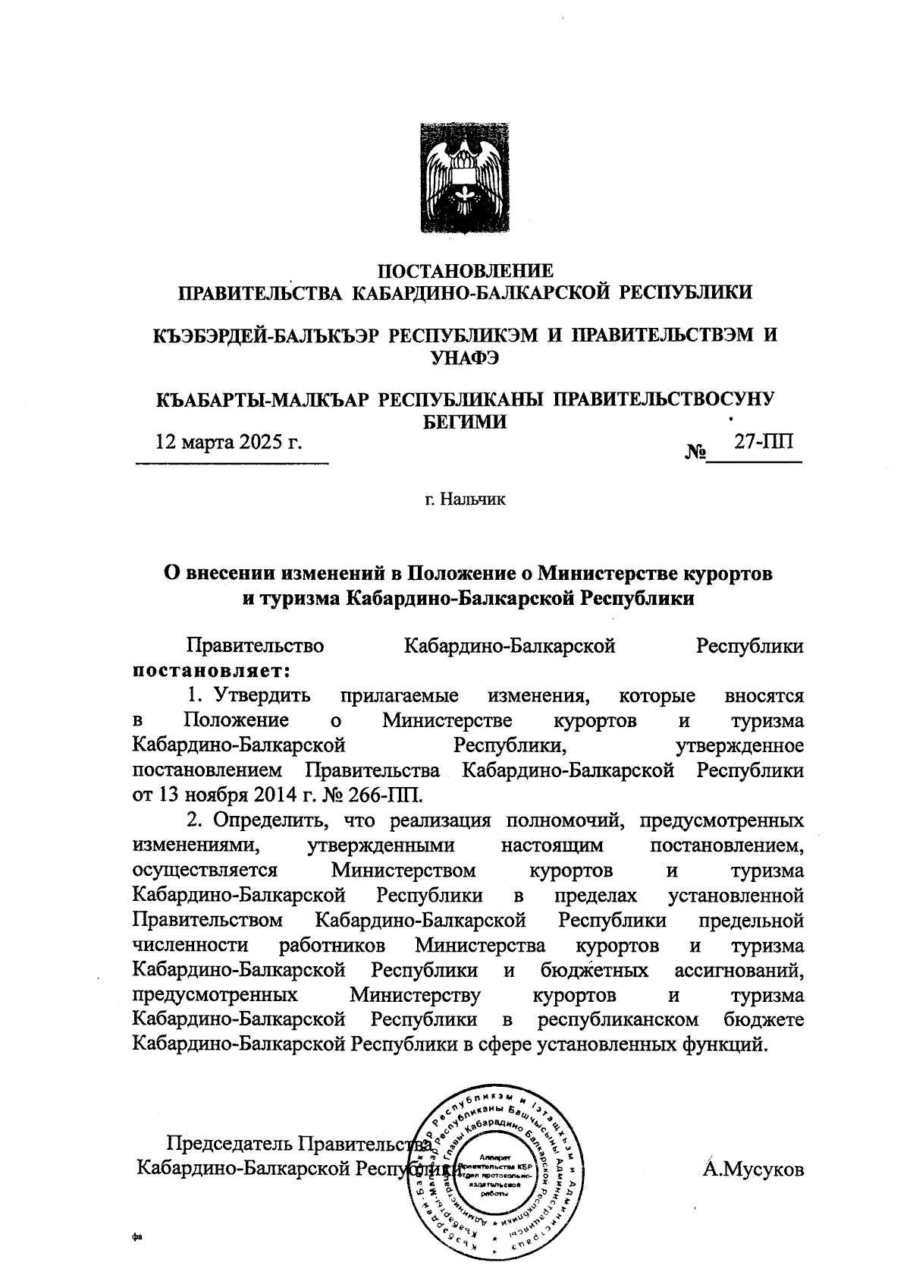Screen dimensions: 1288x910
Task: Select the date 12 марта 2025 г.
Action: [x=228, y=441]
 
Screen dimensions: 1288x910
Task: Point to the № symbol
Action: [x=695, y=453]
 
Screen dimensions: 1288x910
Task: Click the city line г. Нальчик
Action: [x=464, y=499]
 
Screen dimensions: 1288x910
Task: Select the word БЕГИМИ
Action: [x=464, y=422]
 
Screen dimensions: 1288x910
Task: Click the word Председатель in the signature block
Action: [x=230, y=1144]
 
